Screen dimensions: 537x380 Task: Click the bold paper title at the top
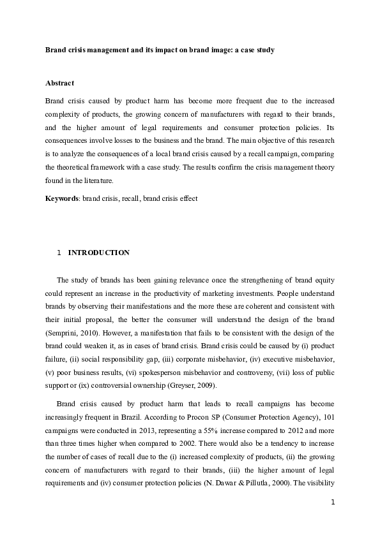click(160, 49)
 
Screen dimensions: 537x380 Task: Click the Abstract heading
click(59, 84)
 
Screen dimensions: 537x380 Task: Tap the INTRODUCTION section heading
click(99, 253)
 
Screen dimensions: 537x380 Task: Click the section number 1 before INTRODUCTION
click(59, 253)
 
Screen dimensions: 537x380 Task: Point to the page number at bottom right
click(333, 520)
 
